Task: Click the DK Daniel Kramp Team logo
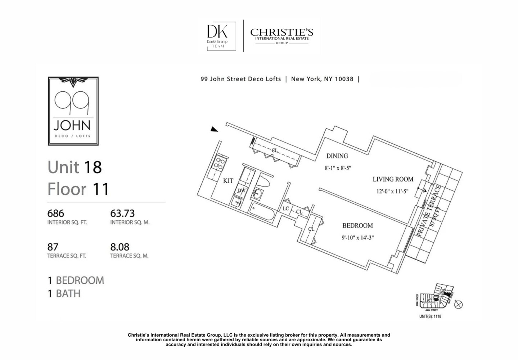[x=221, y=36]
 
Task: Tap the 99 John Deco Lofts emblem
[x=73, y=111]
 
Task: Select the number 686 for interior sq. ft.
[x=55, y=213]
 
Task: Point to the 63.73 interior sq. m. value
[x=122, y=213]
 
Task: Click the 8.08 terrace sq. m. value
[x=120, y=247]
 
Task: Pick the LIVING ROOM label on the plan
[x=393, y=179]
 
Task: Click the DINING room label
[x=337, y=156]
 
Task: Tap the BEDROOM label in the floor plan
[x=357, y=226]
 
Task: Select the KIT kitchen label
[x=228, y=181]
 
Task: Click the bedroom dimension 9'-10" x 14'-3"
[x=357, y=238]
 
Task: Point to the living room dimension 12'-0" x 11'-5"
[x=392, y=192]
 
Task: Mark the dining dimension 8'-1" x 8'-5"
[x=337, y=167]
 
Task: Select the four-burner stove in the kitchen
[x=219, y=163]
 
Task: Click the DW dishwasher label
[x=241, y=190]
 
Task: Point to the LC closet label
[x=286, y=208]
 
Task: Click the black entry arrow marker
[x=214, y=129]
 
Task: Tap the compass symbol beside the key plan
[x=458, y=305]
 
